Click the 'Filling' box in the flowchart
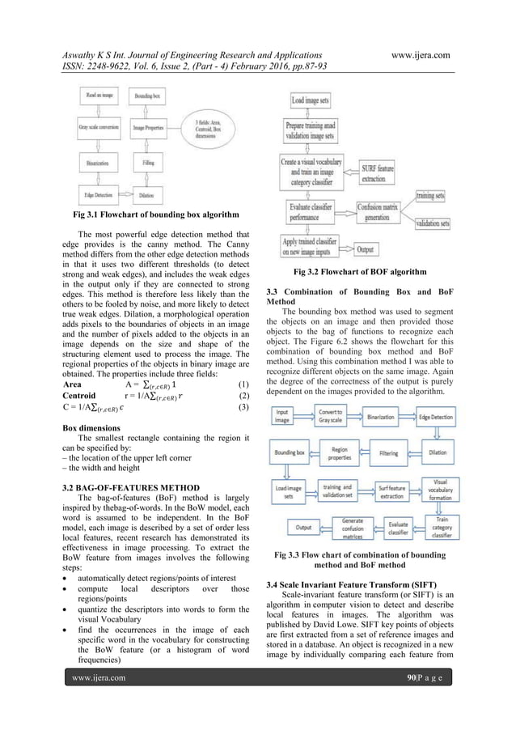[149, 162]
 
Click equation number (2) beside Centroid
[242, 397]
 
